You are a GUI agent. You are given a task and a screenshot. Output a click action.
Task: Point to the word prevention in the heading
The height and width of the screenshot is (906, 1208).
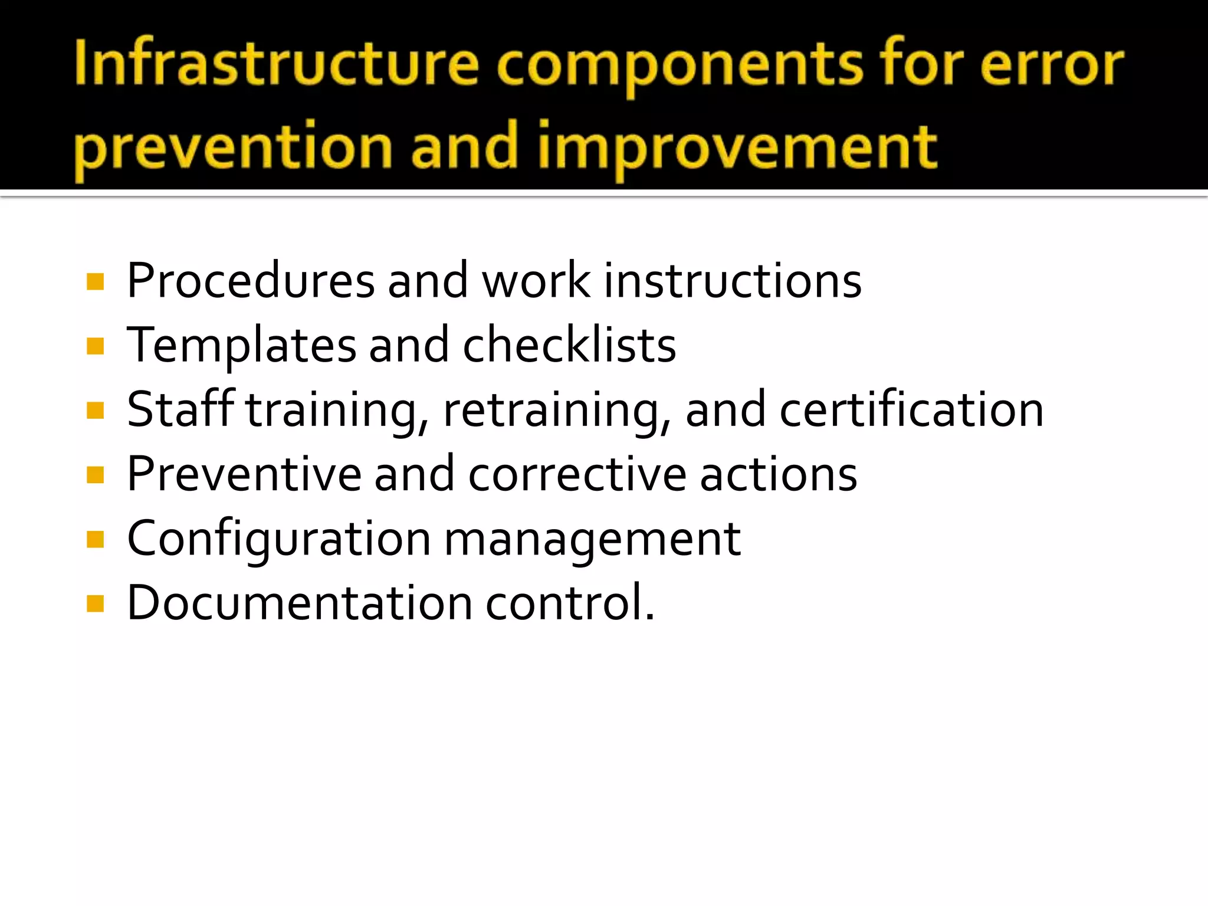click(x=234, y=147)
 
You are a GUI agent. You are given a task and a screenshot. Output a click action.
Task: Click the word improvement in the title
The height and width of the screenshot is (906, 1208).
click(x=737, y=147)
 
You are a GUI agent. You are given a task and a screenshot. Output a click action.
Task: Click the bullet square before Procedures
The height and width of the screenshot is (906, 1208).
click(x=95, y=281)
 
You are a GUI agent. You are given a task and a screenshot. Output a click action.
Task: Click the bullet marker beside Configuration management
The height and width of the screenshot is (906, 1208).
click(x=95, y=539)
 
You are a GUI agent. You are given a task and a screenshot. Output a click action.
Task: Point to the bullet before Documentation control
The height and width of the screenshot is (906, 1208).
click(x=95, y=603)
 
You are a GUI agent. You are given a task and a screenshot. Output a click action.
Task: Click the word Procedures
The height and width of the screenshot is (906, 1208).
click(x=251, y=281)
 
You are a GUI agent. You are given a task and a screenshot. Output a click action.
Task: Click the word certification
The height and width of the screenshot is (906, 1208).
click(x=912, y=410)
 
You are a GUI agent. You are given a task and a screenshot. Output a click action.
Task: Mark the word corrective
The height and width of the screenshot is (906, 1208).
click(x=577, y=474)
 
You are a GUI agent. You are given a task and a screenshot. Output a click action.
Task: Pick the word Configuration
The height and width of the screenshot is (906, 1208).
click(x=279, y=540)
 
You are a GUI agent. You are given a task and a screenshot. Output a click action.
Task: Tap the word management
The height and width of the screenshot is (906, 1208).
click(x=592, y=540)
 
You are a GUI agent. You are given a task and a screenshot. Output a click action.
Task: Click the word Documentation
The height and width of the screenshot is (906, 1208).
click(x=300, y=603)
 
